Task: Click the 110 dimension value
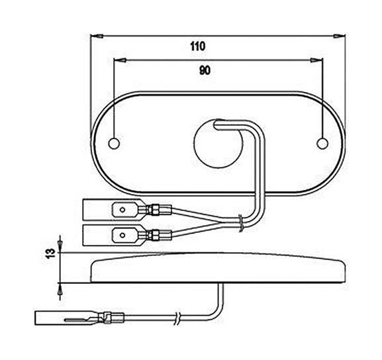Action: coord(198,46)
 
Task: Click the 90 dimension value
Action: coord(205,70)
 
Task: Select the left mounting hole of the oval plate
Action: coord(114,144)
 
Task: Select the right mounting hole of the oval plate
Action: coord(322,144)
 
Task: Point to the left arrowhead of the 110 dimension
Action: coord(97,36)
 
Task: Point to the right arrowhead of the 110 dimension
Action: coord(340,36)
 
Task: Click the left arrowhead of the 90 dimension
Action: coord(120,60)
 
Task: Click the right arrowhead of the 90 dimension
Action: coord(316,60)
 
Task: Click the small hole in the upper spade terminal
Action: coord(122,210)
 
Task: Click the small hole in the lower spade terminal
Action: coord(122,236)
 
